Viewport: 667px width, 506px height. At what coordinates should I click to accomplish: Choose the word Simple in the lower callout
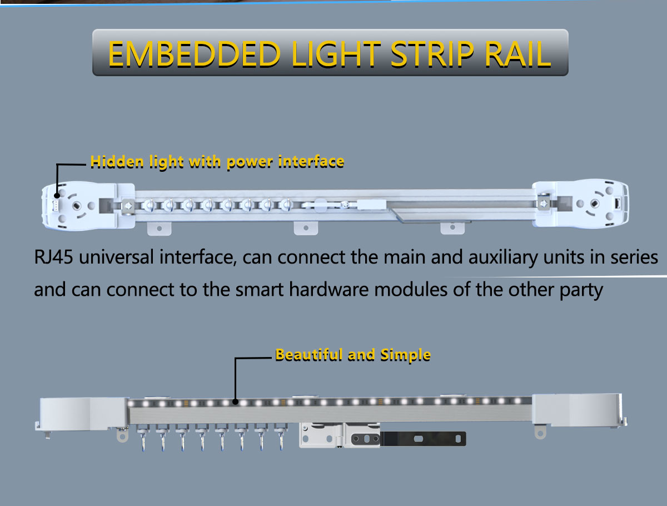point(406,355)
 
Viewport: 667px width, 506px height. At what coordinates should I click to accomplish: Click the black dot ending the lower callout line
point(236,401)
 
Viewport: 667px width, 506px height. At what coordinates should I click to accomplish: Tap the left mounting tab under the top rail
point(159,228)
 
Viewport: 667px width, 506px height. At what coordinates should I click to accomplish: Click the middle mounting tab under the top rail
point(305,228)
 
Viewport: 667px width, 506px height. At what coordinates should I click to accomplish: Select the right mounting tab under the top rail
point(452,228)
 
